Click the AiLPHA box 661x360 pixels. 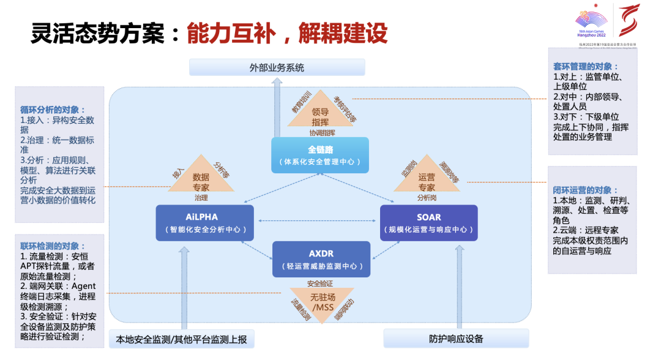tap(204, 223)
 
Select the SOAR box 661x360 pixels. tap(428, 223)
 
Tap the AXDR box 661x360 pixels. tap(321, 259)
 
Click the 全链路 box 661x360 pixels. tap(320, 155)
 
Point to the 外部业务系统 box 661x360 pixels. tap(277, 67)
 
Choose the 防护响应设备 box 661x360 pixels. tap(456, 339)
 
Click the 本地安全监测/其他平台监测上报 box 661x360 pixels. tap(181, 339)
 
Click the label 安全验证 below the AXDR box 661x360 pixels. tap(320, 283)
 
